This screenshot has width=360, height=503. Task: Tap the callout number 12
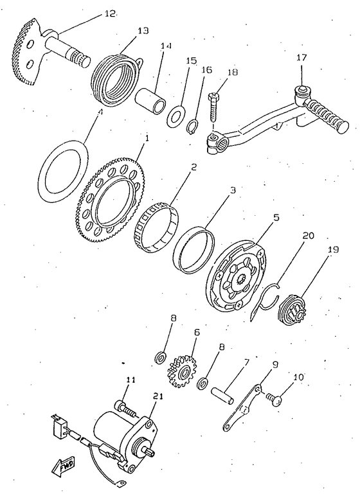109,13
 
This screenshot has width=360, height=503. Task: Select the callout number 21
158,396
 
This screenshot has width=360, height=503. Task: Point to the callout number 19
333,249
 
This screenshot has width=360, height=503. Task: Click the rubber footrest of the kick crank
326,116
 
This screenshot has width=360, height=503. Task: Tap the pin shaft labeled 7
222,394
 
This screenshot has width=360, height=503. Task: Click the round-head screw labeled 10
274,400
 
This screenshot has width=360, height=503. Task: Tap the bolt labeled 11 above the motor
125,407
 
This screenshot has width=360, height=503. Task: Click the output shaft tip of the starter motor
150,452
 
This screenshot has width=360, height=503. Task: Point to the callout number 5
276,218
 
